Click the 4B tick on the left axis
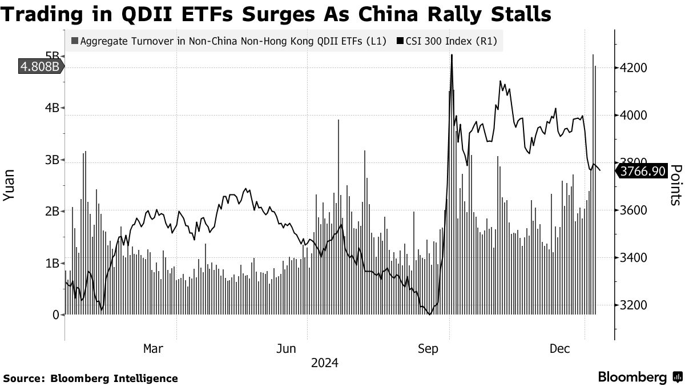pyautogui.click(x=53, y=108)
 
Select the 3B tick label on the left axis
pyautogui.click(x=53, y=160)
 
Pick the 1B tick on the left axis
pyautogui.click(x=53, y=264)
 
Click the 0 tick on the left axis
pyautogui.click(x=57, y=315)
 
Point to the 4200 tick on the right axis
pyautogui.click(x=633, y=68)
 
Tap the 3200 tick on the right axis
pyautogui.click(x=633, y=305)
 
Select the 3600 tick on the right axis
pyautogui.click(x=633, y=210)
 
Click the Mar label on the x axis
pyautogui.click(x=154, y=348)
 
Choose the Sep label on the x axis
pyautogui.click(x=428, y=348)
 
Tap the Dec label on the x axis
pyautogui.click(x=561, y=348)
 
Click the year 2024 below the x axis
pyautogui.click(x=325, y=363)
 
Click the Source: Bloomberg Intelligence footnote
pyautogui.click(x=90, y=378)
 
